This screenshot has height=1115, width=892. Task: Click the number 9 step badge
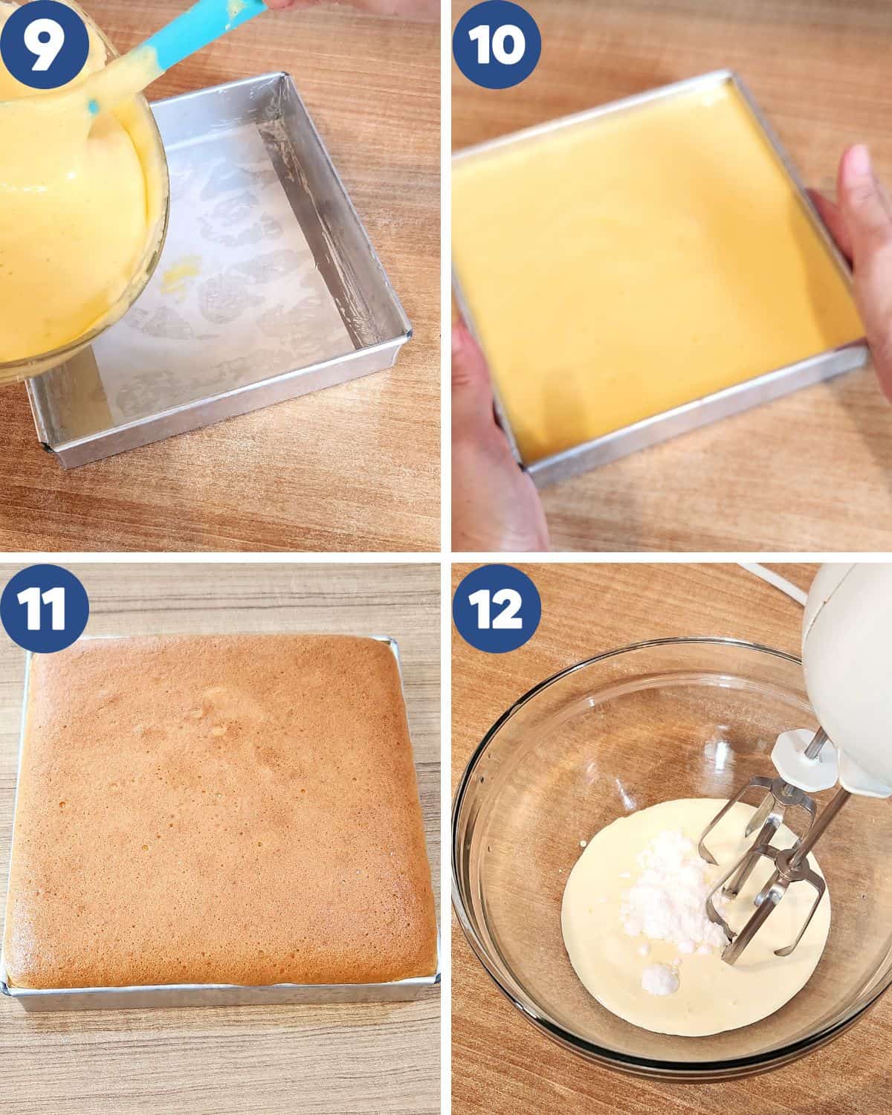point(44,44)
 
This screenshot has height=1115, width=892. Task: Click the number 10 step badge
point(497,45)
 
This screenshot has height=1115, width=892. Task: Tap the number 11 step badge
point(44,608)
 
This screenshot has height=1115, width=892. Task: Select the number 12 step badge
point(497,608)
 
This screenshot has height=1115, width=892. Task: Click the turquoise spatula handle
point(207,32)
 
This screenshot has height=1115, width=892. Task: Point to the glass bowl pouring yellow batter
point(78,207)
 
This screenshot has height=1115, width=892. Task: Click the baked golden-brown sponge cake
point(220,808)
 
